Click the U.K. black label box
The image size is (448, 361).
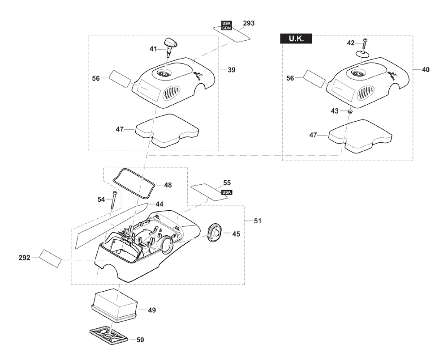[296, 39]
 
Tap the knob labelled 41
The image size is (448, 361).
[171, 47]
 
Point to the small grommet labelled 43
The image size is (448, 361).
[349, 111]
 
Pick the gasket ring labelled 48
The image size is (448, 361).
[134, 183]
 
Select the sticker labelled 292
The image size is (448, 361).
[51, 258]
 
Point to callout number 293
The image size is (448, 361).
[248, 23]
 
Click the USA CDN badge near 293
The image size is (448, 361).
[227, 25]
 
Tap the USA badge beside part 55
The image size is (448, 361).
[226, 192]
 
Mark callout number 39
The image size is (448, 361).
[232, 70]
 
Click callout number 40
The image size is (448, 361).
[426, 70]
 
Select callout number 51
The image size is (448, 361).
[258, 221]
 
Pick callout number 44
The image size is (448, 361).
[159, 204]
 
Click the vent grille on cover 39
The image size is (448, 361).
[172, 93]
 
